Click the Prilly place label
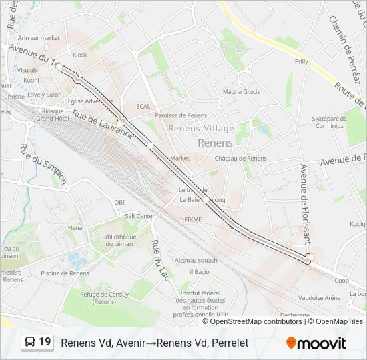[x=302, y=61]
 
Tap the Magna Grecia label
[x=242, y=91]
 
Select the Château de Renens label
[x=240, y=159]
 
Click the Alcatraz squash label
[x=196, y=260]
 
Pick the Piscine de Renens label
[x=65, y=273]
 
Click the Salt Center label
[x=139, y=216]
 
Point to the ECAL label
[x=143, y=106]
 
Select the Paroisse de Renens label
[x=181, y=115]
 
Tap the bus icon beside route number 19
[x=30, y=342]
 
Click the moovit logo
[x=316, y=343]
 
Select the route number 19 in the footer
[x=45, y=342]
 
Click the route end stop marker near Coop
[x=309, y=257]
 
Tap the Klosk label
[x=80, y=55]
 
